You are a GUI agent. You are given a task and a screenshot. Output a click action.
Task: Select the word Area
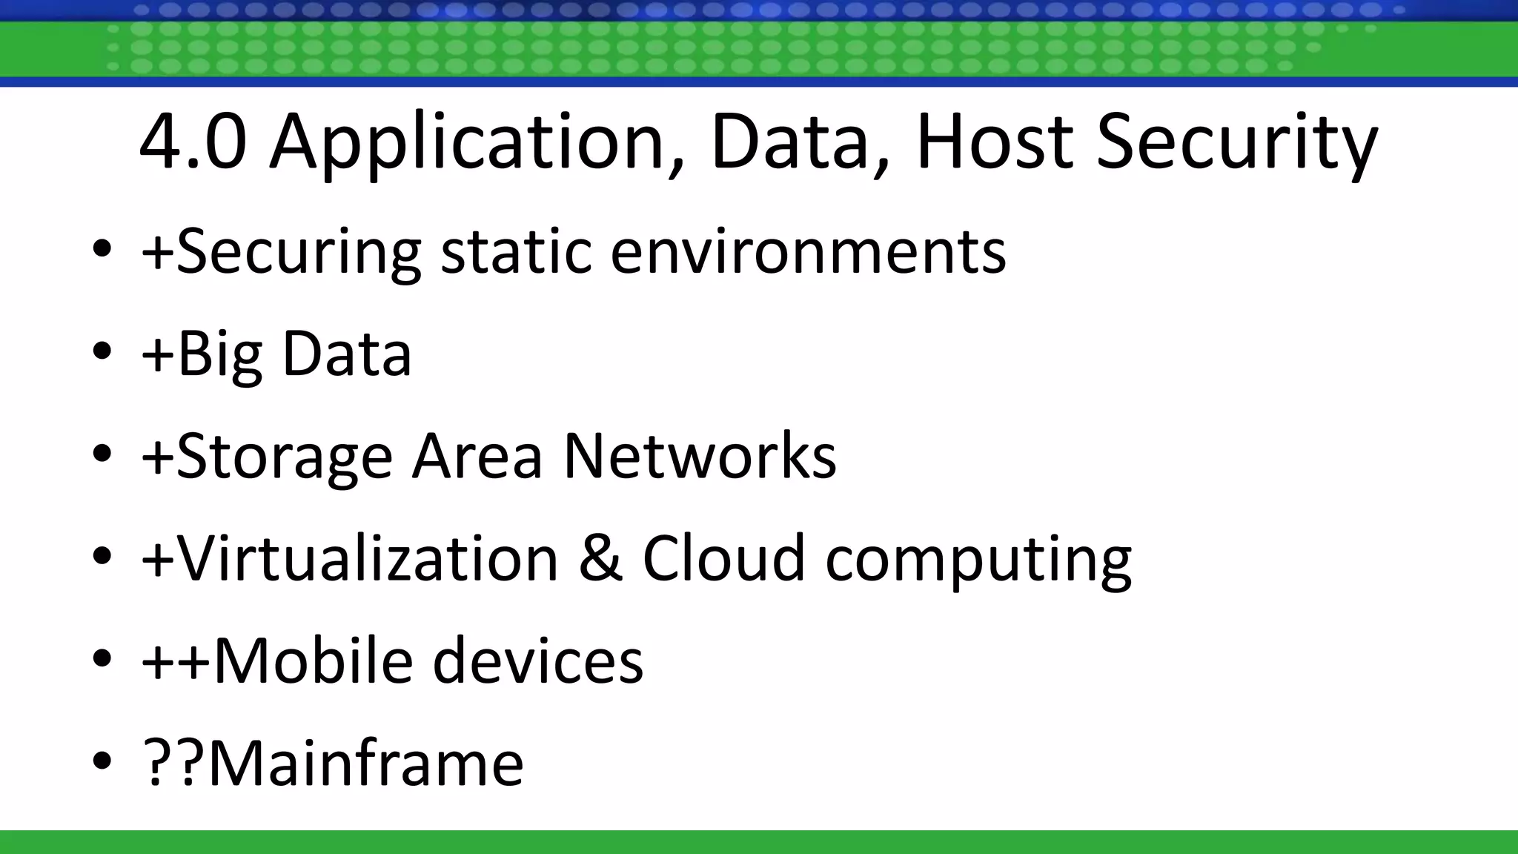(x=477, y=455)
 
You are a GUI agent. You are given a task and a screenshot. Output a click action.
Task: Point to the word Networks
(x=700, y=455)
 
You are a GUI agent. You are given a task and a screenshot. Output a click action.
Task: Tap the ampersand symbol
(x=600, y=557)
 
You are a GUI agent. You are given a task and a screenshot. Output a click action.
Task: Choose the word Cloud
(x=723, y=557)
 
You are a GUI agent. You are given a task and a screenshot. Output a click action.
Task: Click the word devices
(x=537, y=660)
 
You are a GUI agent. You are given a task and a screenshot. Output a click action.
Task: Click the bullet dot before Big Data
(x=102, y=352)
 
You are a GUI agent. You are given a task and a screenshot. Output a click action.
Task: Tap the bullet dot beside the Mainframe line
(x=102, y=761)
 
